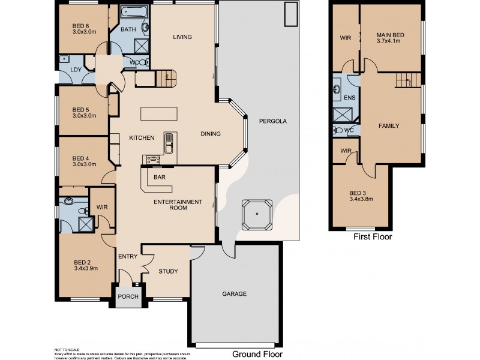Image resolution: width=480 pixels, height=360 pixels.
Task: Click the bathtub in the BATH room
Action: [134, 12]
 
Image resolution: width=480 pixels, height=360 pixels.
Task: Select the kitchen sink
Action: [169, 143]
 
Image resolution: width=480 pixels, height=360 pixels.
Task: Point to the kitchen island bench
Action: [159, 113]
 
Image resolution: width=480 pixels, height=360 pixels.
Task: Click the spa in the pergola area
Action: [257, 215]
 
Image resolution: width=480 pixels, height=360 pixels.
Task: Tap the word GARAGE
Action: [234, 294]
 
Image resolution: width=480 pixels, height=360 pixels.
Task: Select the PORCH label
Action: [128, 296]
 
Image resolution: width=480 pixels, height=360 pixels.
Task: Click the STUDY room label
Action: [168, 271]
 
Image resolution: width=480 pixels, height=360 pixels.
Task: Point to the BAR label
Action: [160, 177]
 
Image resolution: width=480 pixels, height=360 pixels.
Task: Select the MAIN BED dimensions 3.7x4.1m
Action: [391, 41]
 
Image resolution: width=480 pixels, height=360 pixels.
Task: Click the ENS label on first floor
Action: [350, 98]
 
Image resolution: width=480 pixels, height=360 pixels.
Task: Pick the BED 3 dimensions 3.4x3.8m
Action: [361, 199]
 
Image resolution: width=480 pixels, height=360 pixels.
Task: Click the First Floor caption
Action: [373, 236]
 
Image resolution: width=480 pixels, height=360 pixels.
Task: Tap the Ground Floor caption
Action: [257, 354]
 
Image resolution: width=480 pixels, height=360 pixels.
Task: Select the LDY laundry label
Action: [76, 70]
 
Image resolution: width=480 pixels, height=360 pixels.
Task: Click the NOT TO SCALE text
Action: [67, 350]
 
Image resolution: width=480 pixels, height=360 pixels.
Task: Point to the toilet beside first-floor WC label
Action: [338, 130]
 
